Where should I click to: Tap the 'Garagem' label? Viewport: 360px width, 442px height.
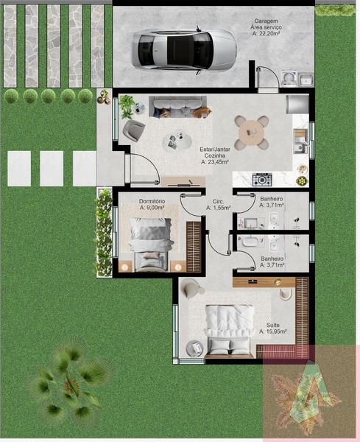[x=266, y=21]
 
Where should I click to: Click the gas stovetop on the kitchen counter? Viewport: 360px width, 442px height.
[x=262, y=180]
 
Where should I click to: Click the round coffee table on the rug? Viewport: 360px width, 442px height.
[x=177, y=141]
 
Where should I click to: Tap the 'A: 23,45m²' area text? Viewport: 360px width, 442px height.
[x=215, y=162]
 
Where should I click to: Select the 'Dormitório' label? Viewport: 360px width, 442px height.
[x=152, y=201]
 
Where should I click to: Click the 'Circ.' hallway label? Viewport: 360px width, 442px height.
[x=218, y=202]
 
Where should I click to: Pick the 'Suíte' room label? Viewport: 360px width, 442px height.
[x=273, y=325]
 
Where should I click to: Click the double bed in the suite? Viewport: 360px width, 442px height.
[x=228, y=329]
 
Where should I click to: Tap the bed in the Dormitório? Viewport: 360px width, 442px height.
[x=151, y=245]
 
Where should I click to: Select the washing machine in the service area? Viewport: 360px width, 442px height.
[x=289, y=78]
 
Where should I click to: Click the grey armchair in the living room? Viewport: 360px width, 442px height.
[x=133, y=130]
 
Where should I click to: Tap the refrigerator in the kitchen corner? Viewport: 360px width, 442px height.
[x=297, y=105]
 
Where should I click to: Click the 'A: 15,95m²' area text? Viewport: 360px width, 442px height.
[x=273, y=331]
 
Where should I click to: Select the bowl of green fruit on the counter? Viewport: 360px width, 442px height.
[x=302, y=180]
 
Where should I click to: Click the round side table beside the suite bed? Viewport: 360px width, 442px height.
[x=195, y=348]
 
